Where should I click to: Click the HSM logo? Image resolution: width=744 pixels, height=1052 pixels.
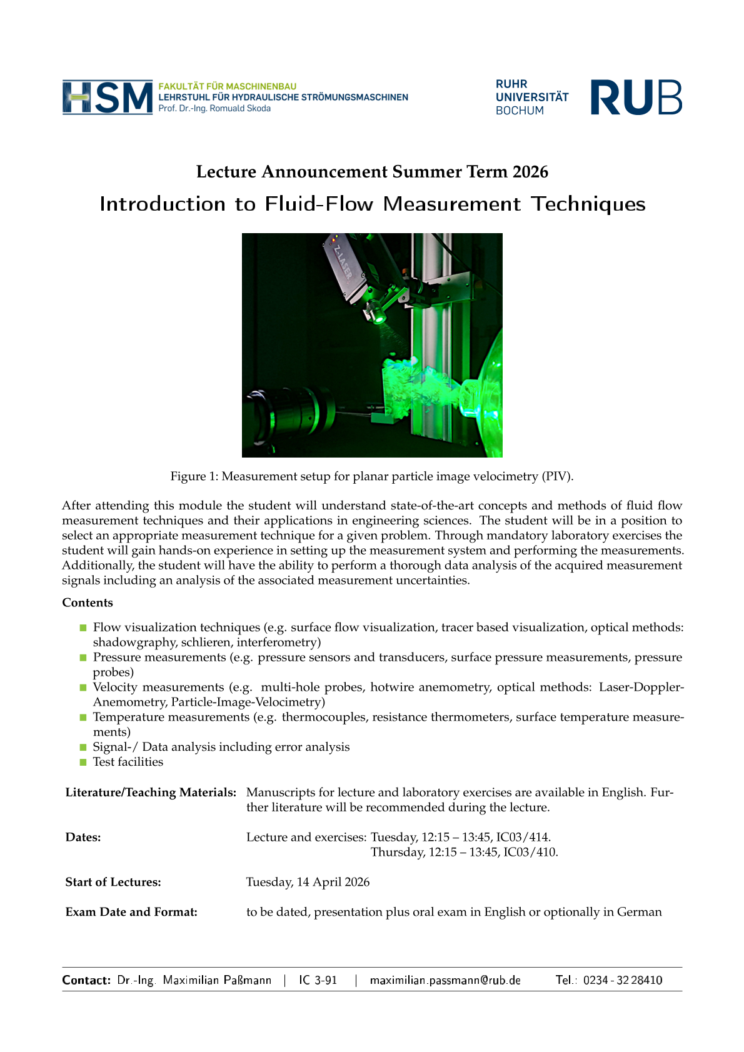(x=108, y=98)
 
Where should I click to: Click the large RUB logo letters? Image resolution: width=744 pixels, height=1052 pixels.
(x=636, y=98)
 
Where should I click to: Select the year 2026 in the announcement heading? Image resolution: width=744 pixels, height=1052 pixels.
(x=530, y=172)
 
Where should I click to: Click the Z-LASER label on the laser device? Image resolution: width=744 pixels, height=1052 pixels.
(x=343, y=263)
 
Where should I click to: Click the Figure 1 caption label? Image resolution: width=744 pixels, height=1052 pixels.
(x=194, y=476)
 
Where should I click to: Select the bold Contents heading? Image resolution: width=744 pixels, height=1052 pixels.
(x=88, y=603)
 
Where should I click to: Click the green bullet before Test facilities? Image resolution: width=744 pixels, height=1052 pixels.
(x=83, y=762)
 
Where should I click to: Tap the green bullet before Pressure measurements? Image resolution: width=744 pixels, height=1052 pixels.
(x=83, y=658)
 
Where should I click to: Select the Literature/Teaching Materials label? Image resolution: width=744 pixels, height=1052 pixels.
(x=151, y=793)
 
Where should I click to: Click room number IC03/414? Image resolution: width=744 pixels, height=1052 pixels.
(x=523, y=837)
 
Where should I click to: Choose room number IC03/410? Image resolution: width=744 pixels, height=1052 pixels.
(x=530, y=852)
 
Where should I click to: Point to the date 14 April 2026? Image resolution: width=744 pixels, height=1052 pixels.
(x=333, y=882)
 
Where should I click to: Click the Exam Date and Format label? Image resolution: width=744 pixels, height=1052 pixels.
(x=131, y=912)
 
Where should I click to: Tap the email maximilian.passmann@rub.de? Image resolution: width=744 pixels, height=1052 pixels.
(x=445, y=980)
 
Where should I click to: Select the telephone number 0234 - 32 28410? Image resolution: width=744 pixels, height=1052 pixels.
(x=623, y=980)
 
